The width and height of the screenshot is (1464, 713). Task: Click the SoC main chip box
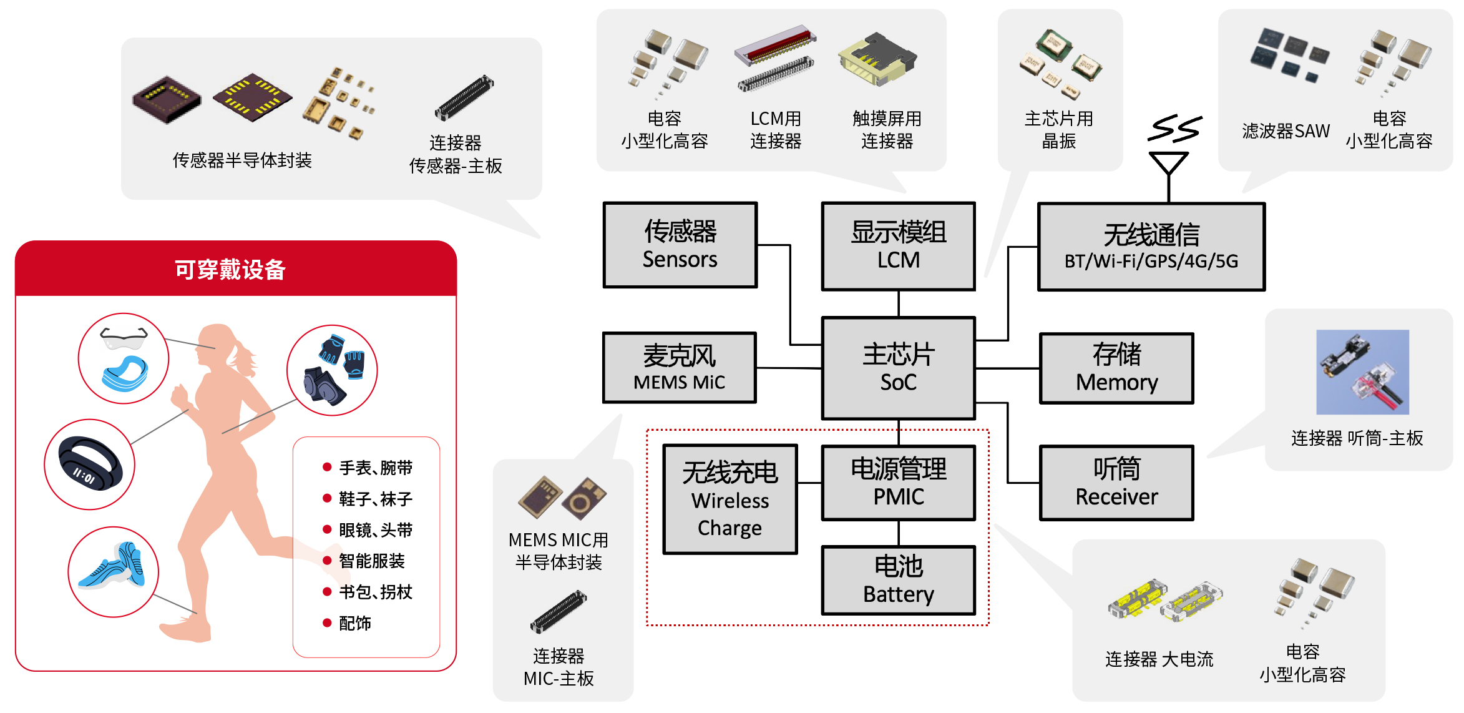pos(898,368)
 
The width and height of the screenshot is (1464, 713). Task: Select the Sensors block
pos(680,245)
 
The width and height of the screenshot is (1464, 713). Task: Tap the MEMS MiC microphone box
pos(679,368)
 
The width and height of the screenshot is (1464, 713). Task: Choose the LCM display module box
pos(898,246)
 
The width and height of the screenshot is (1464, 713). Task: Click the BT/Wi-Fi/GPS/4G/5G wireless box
pos(1151,247)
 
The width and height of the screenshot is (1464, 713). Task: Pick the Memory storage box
pos(1116,368)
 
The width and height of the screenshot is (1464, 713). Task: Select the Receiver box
pos(1116,483)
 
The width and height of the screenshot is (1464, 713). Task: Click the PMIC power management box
pos(898,483)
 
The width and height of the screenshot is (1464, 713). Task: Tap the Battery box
pos(898,580)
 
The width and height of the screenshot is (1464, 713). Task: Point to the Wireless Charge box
pos(730,499)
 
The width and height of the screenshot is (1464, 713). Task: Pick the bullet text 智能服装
pos(371,561)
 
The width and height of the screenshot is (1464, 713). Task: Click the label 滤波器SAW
pos(1286,131)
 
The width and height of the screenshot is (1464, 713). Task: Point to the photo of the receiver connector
pos(1362,372)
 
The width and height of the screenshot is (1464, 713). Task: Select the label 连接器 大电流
pos(1159,659)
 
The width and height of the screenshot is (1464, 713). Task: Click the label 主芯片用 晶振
pos(1058,130)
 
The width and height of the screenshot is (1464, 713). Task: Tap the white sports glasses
pos(124,339)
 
